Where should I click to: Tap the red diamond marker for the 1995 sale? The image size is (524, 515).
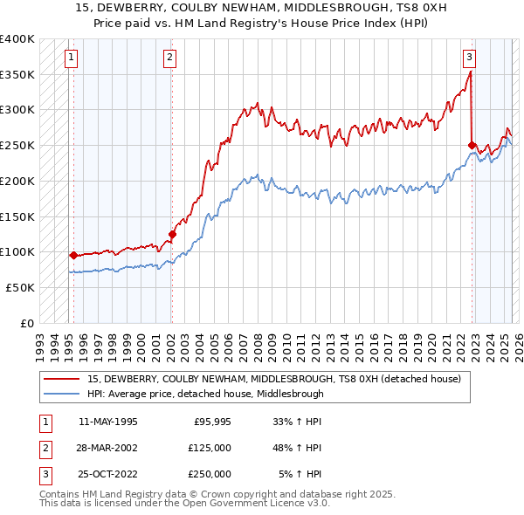(x=73, y=256)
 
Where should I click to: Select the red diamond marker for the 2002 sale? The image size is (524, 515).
(x=172, y=234)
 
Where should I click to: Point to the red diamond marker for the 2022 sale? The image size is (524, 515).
(x=472, y=146)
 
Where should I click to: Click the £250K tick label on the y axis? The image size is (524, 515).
(x=17, y=145)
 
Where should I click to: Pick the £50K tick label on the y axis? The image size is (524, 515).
(x=20, y=287)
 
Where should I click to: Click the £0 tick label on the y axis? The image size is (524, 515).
(x=28, y=323)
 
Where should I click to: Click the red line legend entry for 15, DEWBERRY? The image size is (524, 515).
(x=279, y=379)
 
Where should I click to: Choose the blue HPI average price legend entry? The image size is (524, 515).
(x=205, y=394)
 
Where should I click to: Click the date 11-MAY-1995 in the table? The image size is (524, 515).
(x=107, y=422)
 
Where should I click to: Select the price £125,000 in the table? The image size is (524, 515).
(x=210, y=448)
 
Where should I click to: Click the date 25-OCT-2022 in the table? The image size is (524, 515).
(x=107, y=474)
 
